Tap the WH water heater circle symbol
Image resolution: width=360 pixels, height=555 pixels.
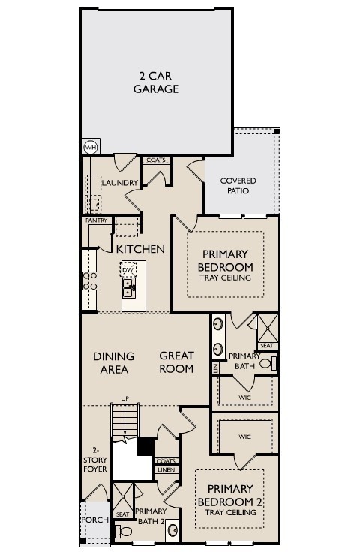[91, 147]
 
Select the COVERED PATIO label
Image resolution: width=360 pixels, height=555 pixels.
[238, 186]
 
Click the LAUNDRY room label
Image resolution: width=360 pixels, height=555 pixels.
[118, 183]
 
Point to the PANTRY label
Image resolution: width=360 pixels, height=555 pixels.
[96, 220]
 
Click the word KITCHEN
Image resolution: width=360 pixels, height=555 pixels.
[140, 248]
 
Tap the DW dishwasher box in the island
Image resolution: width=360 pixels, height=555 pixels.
[128, 269]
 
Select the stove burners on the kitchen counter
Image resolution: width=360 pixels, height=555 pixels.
[90, 280]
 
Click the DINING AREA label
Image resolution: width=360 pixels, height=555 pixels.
[114, 362]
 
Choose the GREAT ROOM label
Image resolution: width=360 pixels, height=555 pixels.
[176, 362]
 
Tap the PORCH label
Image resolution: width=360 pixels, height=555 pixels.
[95, 520]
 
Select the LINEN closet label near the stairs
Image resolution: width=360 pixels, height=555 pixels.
[166, 470]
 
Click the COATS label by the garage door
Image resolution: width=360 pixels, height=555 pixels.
[155, 160]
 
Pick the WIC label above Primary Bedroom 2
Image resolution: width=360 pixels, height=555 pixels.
[244, 436]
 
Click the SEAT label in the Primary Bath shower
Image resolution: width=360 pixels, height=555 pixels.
[265, 345]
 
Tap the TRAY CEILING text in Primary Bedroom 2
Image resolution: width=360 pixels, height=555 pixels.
[231, 513]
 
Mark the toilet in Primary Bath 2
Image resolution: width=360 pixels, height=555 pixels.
[126, 532]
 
